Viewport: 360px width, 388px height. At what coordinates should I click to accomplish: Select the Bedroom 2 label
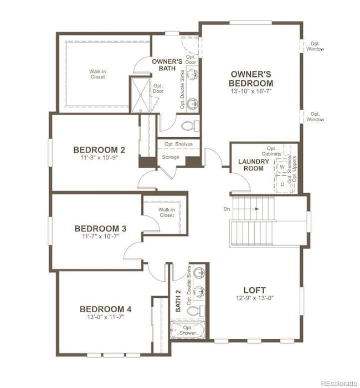pos(99,149)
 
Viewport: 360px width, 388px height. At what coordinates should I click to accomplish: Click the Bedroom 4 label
pos(105,309)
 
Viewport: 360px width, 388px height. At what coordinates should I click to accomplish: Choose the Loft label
pos(254,290)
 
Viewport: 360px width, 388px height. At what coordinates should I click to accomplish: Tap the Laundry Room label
pos(254,165)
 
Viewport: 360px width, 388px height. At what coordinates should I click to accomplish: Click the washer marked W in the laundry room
pos(282,167)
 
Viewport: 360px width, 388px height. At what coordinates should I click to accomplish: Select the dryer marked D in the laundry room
pos(282,183)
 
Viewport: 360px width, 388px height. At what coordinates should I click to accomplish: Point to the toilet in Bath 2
pos(193,311)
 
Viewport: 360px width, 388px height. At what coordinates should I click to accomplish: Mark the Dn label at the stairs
pos(227,209)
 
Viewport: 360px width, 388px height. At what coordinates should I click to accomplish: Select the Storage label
pos(170,157)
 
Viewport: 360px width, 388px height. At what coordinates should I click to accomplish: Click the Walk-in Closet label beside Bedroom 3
pos(166,213)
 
